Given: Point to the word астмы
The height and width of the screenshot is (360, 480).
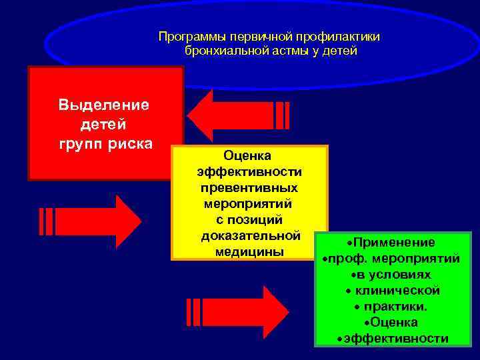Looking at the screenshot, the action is pyautogui.click(x=281, y=51).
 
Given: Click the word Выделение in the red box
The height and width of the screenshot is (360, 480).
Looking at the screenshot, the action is pyautogui.click(x=103, y=105).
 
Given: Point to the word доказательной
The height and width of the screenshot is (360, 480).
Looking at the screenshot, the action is pyautogui.click(x=251, y=236).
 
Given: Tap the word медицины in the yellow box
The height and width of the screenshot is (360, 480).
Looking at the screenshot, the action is pyautogui.click(x=250, y=252).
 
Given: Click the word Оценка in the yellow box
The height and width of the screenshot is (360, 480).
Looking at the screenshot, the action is pyautogui.click(x=247, y=156).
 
